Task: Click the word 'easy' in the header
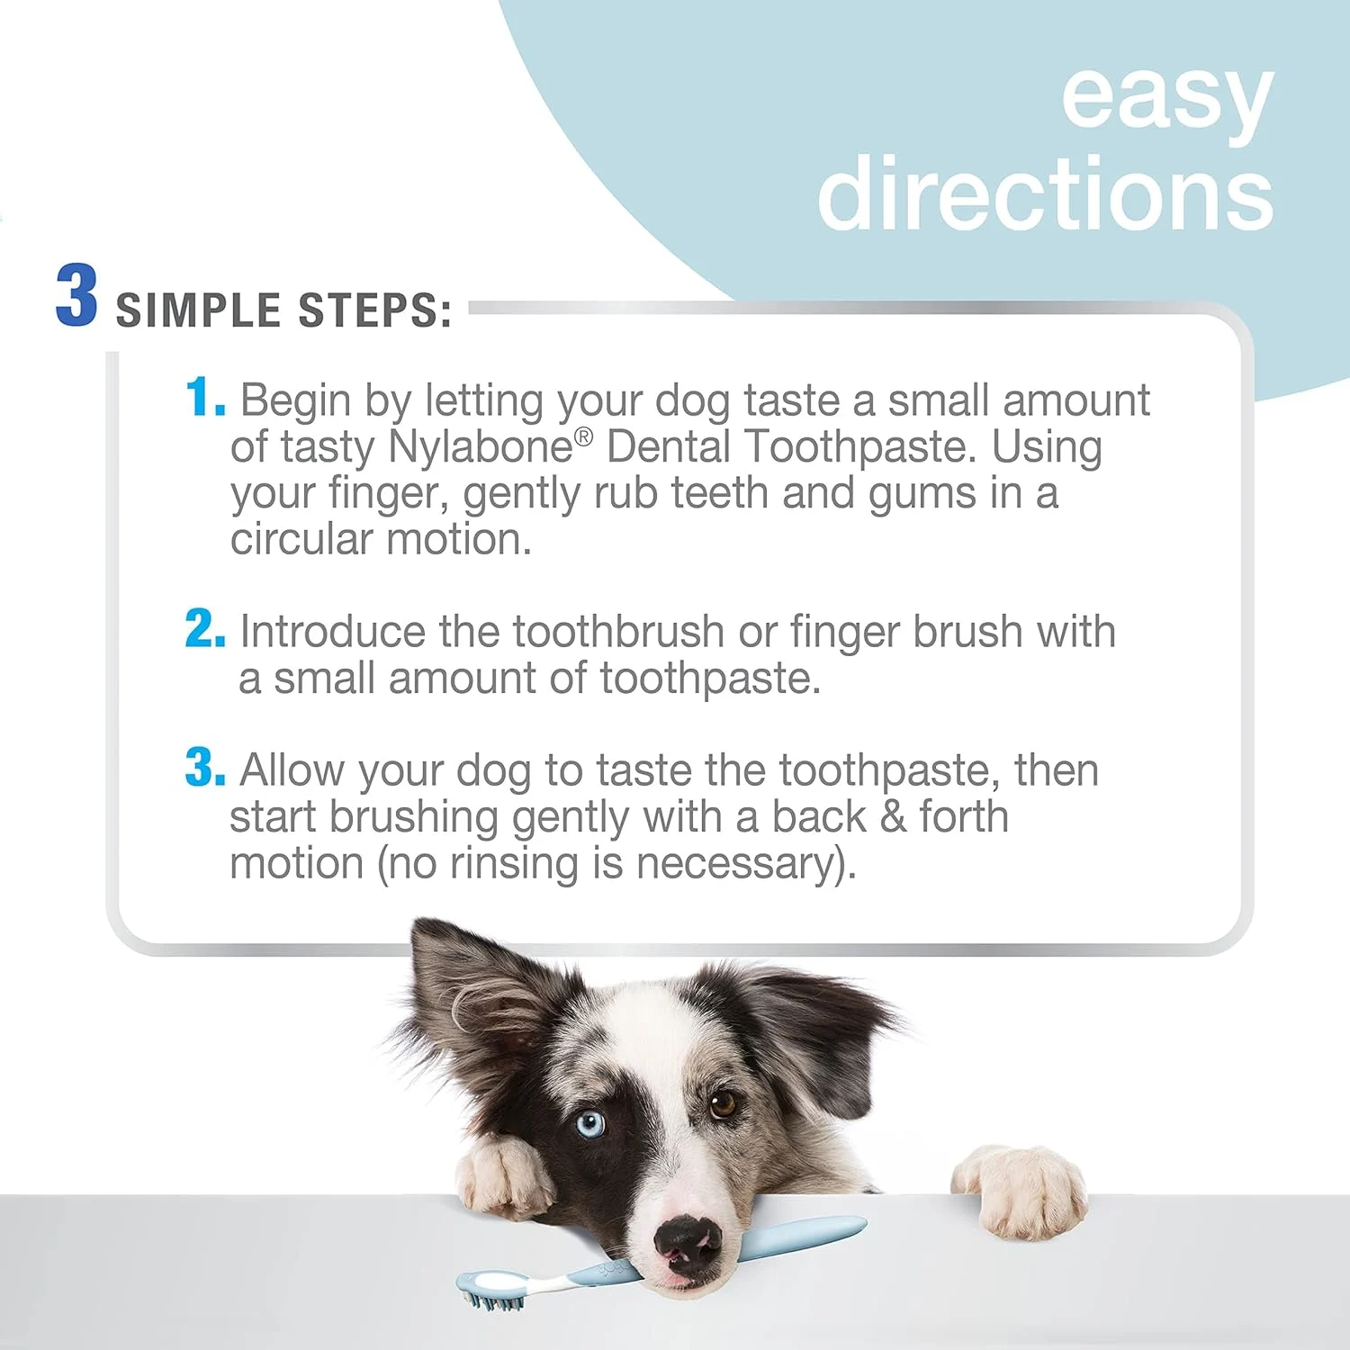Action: tap(1166, 97)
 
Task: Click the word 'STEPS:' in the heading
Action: tap(374, 311)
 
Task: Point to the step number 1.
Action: tap(202, 398)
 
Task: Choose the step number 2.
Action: tap(204, 629)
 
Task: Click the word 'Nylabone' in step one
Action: tap(481, 447)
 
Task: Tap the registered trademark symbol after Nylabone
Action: tap(583, 436)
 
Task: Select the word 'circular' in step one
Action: tap(301, 540)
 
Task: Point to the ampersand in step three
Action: tap(892, 817)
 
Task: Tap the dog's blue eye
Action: tap(589, 1123)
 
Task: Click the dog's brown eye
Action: tap(722, 1103)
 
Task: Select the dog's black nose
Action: tap(687, 1243)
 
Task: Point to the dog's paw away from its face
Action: tap(1020, 1187)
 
